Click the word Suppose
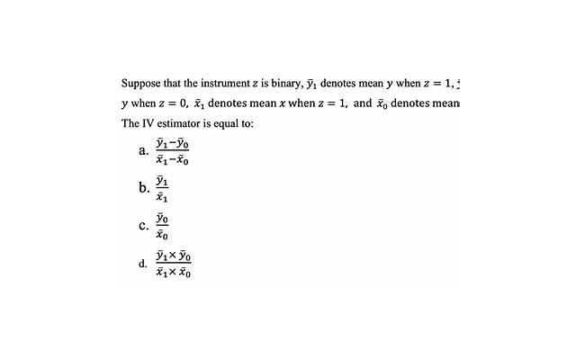[x=140, y=84]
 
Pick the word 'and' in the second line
[x=362, y=103]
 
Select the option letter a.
[x=144, y=151]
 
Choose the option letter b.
[x=144, y=188]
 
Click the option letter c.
[x=144, y=225]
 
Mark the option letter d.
[x=143, y=264]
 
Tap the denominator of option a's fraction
[x=171, y=160]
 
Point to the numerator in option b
[x=162, y=180]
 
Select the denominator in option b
[x=162, y=197]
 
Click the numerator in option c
[x=162, y=218]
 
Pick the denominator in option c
[x=162, y=234]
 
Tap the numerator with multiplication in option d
[x=173, y=256]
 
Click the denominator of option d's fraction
[x=173, y=272]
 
